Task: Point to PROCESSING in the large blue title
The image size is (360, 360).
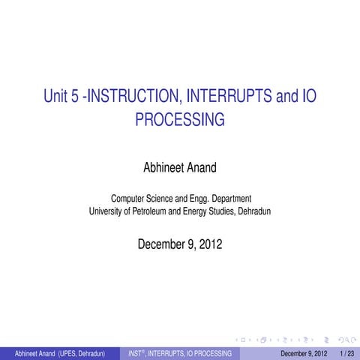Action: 180,118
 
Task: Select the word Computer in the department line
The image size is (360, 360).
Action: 129,199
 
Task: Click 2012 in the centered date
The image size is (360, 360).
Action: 208,244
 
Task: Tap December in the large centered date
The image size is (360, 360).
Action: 161,244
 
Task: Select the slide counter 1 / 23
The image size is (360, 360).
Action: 347,352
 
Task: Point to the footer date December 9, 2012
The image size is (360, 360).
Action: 304,352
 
